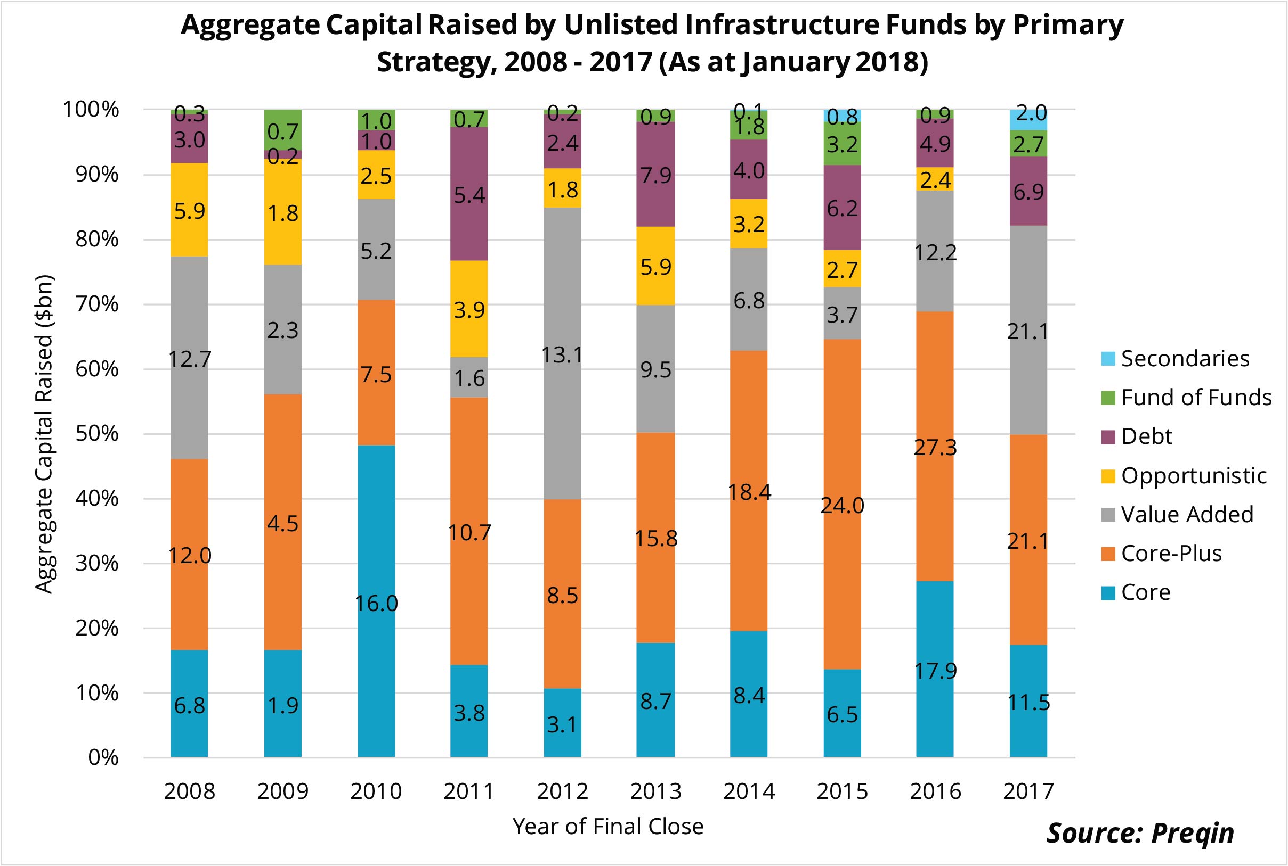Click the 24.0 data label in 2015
coord(842,506)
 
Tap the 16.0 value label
coord(376,604)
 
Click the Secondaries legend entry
coord(1184,358)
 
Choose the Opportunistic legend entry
coord(1193,475)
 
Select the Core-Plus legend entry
coord(1170,554)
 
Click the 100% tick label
coord(91,109)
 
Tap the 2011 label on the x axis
coord(469,792)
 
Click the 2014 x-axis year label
coord(749,792)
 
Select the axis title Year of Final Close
coord(608,826)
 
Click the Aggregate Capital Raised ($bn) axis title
coord(44,434)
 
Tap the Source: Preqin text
coord(1140,832)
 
